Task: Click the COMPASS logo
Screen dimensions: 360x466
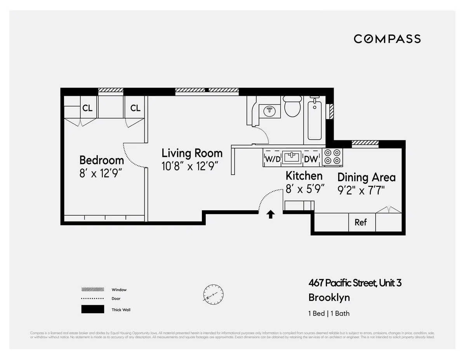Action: (387, 39)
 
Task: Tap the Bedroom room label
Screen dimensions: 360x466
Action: (101, 160)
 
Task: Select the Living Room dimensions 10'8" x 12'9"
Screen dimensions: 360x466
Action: (190, 166)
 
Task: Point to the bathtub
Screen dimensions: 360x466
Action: (315, 119)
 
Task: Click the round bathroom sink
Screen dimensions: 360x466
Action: (270, 111)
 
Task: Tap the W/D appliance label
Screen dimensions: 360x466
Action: (272, 159)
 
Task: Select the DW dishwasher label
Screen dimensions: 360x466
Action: (311, 159)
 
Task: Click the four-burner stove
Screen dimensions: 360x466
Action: (332, 157)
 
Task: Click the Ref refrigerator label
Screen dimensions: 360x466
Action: (361, 222)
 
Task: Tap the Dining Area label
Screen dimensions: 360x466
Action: (366, 177)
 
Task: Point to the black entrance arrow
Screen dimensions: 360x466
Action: (271, 214)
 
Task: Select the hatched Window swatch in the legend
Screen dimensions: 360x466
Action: (92, 289)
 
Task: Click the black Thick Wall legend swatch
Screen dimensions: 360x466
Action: (92, 309)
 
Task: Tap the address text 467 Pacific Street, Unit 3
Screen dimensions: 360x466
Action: (355, 283)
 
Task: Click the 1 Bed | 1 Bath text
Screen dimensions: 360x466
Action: (329, 313)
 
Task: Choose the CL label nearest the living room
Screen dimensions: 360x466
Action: (135, 108)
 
